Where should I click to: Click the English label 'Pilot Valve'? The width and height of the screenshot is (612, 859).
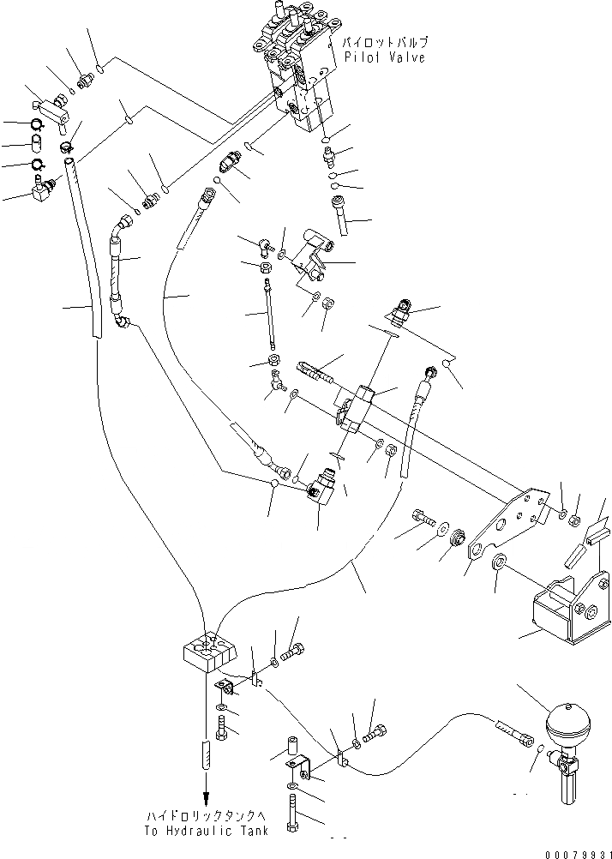[385, 57]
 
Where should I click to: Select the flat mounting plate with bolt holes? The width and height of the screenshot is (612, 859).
[509, 524]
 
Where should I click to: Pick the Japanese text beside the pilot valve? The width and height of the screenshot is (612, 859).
[385, 41]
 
